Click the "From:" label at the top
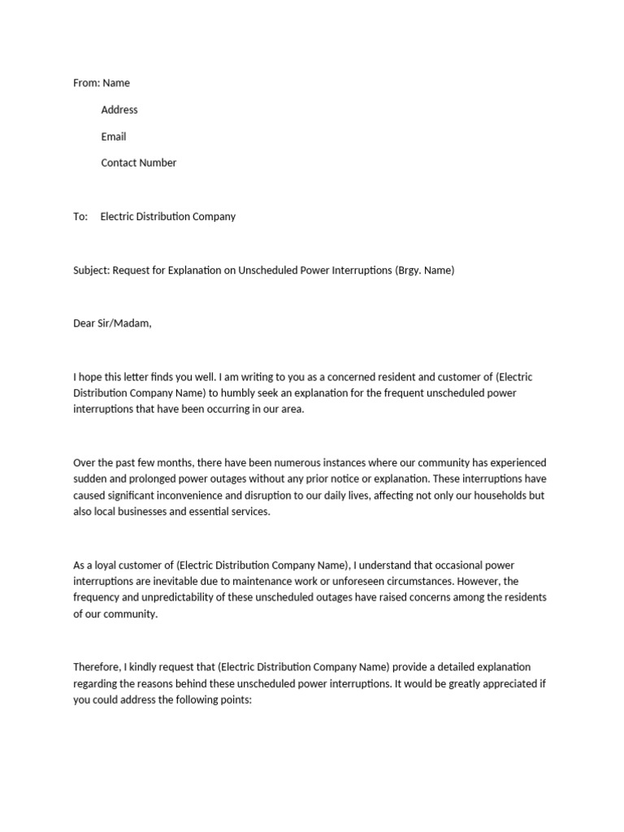coord(86,83)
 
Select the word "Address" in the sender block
coord(119,110)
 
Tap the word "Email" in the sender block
coord(114,136)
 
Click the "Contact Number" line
coord(138,162)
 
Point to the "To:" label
coord(80,217)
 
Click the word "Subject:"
coord(91,271)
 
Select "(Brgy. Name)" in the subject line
coord(424,271)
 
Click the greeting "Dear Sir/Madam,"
coord(112,323)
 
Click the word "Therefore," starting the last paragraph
coord(99,667)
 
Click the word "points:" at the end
coord(236,700)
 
